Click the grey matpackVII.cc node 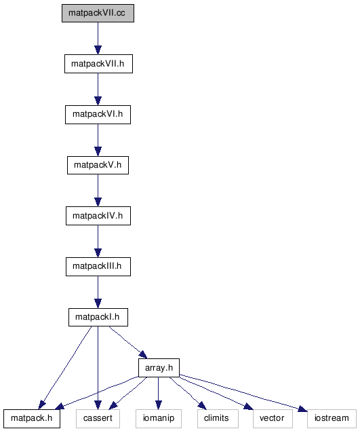click(98, 13)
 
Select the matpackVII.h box click(98, 64)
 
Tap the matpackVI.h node click(98, 114)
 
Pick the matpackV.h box click(98, 165)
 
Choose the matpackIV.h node click(98, 216)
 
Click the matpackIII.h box click(98, 266)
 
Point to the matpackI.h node click(98, 317)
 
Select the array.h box click(159, 368)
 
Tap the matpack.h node click(32, 418)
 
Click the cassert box click(98, 418)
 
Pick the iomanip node click(159, 418)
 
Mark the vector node click(273, 418)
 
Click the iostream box click(332, 418)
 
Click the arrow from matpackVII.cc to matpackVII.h click(98, 39)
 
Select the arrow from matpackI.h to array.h click(128, 343)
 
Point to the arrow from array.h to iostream click(243, 393)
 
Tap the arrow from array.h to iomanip click(158, 394)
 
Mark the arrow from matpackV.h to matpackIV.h click(98, 191)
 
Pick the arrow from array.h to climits click(188, 394)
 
